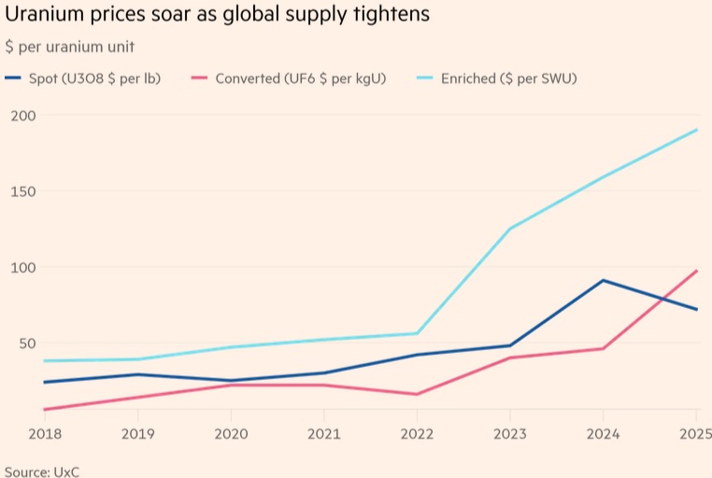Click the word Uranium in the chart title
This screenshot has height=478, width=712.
41,16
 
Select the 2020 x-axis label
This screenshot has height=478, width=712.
230,433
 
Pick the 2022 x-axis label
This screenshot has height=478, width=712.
417,433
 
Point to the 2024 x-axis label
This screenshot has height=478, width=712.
603,433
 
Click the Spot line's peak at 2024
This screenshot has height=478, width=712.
603,280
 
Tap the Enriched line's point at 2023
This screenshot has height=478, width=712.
510,228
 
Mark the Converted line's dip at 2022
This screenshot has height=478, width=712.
417,394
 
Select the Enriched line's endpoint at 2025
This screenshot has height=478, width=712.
697,130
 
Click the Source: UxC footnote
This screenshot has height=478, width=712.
42,471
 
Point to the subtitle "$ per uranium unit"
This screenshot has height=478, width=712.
69,47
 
